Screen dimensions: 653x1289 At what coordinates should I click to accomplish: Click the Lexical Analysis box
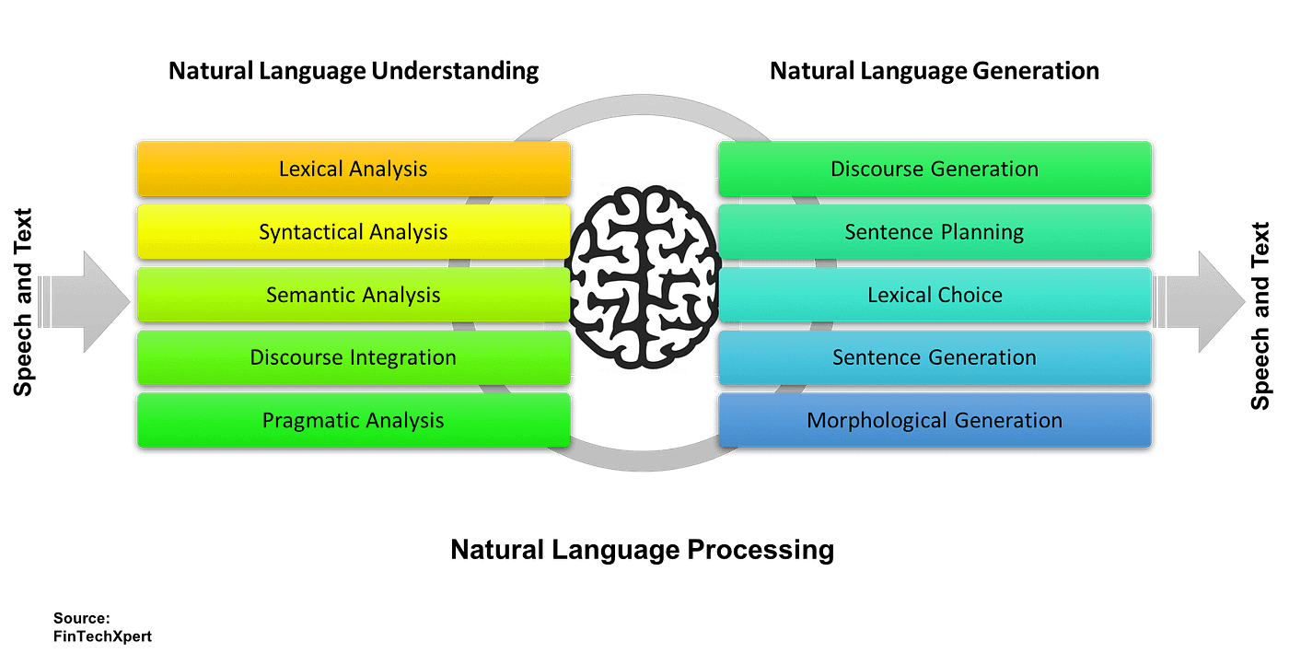[354, 169]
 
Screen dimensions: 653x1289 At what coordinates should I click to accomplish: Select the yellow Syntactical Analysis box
[354, 231]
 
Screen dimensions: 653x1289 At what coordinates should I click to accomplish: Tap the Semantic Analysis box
[354, 295]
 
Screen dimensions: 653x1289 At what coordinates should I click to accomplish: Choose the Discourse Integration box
[354, 357]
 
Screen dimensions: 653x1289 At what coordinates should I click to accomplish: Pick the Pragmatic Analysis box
[354, 420]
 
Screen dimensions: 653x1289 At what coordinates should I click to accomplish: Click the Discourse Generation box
[935, 169]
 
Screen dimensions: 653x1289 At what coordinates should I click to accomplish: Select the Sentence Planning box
[935, 231]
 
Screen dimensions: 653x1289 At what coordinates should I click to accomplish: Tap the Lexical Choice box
[935, 295]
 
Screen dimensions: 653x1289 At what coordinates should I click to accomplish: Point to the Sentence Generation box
[935, 357]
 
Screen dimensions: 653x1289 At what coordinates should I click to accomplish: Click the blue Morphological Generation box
[935, 420]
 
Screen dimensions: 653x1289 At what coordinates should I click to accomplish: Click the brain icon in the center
[644, 275]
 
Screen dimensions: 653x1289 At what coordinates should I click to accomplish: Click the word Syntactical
[310, 232]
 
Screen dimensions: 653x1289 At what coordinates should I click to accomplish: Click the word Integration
[403, 358]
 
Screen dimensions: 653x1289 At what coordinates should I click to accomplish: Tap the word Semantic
[308, 295]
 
